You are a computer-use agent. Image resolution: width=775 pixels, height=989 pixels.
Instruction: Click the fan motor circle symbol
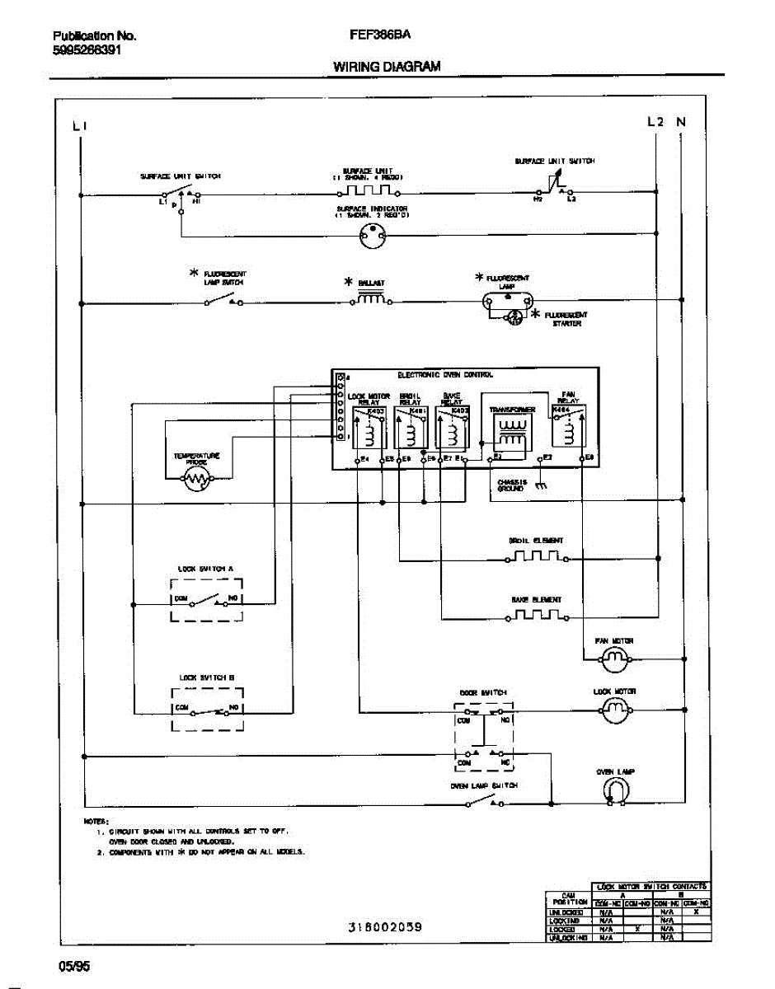(613, 657)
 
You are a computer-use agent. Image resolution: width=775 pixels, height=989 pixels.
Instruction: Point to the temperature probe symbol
(195, 479)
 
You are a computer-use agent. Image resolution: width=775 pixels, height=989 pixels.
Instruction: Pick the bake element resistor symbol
(536, 616)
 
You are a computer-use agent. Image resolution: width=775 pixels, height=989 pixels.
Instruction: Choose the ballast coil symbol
(370, 300)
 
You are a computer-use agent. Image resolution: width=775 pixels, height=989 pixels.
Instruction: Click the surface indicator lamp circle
(372, 239)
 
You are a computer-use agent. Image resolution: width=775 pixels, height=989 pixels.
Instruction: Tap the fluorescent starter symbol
(515, 316)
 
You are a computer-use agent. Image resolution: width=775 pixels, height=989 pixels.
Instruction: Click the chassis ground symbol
(540, 486)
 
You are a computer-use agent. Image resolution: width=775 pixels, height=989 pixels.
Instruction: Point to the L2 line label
(655, 122)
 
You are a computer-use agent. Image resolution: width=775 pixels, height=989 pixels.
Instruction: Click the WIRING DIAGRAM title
(387, 67)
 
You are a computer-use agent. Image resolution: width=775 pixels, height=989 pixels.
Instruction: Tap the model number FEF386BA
(381, 35)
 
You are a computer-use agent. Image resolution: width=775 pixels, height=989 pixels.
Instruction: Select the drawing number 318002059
(385, 927)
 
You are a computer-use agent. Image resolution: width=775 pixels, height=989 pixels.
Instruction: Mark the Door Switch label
(483, 692)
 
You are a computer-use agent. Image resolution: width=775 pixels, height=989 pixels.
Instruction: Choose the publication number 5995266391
(87, 49)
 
